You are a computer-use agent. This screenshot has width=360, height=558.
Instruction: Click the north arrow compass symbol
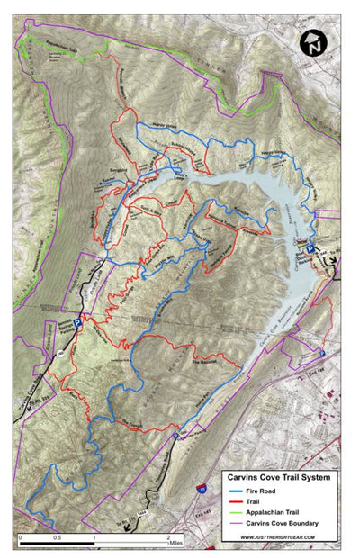click(312, 42)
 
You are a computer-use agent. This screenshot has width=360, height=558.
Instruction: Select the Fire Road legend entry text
click(259, 490)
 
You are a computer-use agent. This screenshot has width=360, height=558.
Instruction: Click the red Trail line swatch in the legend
click(233, 500)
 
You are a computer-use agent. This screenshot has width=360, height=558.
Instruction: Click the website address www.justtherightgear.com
click(283, 537)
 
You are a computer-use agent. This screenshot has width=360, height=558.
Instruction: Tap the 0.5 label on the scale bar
click(57, 537)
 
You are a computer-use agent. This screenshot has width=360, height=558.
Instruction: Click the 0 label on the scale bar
click(20, 537)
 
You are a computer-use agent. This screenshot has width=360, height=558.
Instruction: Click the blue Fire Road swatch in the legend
click(233, 490)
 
